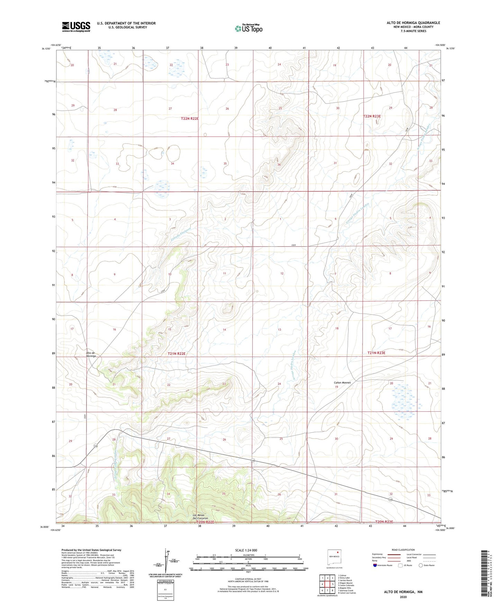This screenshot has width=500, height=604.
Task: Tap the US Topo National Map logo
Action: click(x=248, y=28)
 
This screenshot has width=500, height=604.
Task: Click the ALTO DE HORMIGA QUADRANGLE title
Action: click(x=413, y=23)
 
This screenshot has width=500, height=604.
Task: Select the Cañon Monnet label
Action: click(x=342, y=383)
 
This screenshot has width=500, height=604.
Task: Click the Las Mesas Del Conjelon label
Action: click(x=200, y=517)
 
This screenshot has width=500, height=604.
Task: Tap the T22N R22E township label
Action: click(x=190, y=119)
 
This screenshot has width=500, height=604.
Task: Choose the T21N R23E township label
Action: click(x=376, y=353)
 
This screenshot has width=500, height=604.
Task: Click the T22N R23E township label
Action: click(x=372, y=116)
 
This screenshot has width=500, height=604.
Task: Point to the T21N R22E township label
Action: click(x=176, y=354)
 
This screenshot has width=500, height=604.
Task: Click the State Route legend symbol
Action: click(x=421, y=565)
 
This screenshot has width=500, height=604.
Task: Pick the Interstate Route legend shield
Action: click(x=375, y=565)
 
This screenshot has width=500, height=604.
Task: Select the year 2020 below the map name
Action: click(x=403, y=597)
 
